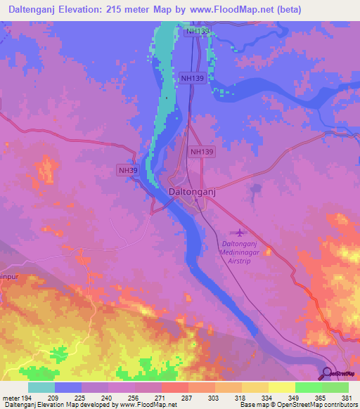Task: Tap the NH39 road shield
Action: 127,169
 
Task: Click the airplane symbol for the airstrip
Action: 240,233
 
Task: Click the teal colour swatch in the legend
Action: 41,387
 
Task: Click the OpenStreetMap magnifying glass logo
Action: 326,372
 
